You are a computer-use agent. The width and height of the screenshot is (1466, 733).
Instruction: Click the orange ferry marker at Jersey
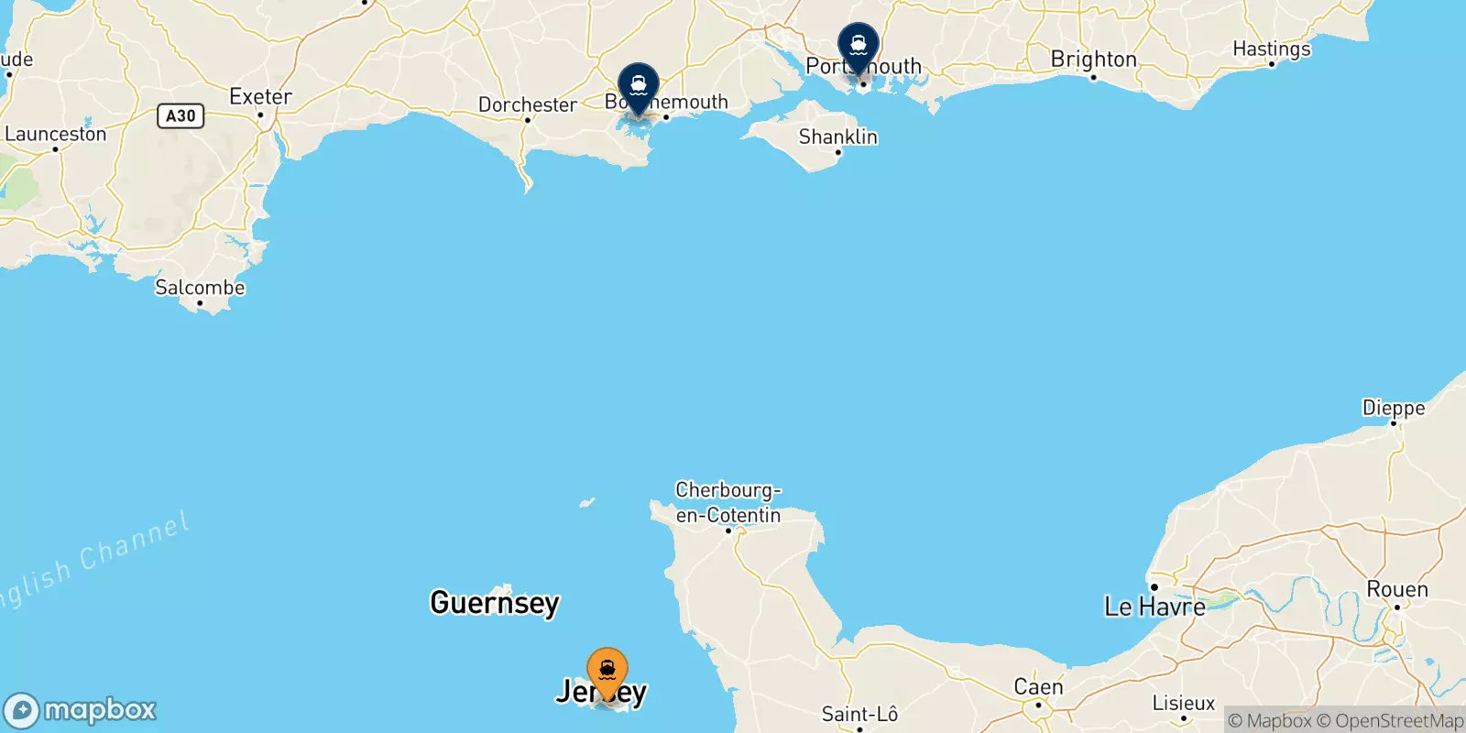tap(607, 671)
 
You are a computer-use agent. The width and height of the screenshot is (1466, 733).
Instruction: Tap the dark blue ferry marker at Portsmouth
tap(859, 45)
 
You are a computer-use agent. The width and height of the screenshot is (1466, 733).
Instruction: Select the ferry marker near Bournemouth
tap(639, 85)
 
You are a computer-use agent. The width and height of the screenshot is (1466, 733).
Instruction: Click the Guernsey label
tap(495, 603)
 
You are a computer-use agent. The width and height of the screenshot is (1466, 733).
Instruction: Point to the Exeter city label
tap(260, 97)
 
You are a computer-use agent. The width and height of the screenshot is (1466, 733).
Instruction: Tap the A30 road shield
tap(181, 115)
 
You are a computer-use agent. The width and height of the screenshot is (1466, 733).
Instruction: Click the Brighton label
tap(1093, 60)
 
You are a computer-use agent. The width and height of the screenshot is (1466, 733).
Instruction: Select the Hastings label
tap(1271, 49)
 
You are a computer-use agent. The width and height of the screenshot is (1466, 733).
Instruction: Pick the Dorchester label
tap(528, 105)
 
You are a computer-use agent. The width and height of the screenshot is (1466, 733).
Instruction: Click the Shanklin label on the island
tap(837, 137)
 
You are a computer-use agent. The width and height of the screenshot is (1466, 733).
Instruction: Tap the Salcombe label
tap(200, 288)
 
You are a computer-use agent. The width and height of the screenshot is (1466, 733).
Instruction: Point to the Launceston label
tap(56, 135)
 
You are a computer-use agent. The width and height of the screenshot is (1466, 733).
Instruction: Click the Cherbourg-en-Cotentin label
tap(728, 503)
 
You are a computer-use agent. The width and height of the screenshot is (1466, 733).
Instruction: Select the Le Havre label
tap(1154, 607)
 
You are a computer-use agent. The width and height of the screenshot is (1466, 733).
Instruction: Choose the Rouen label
tap(1396, 590)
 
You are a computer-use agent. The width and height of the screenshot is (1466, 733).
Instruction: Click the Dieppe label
tap(1393, 409)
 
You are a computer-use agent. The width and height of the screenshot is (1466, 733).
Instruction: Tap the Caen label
tap(1038, 687)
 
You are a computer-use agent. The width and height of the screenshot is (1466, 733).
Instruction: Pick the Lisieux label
tap(1183, 704)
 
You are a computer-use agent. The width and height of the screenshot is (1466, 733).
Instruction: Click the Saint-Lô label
tap(859, 715)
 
